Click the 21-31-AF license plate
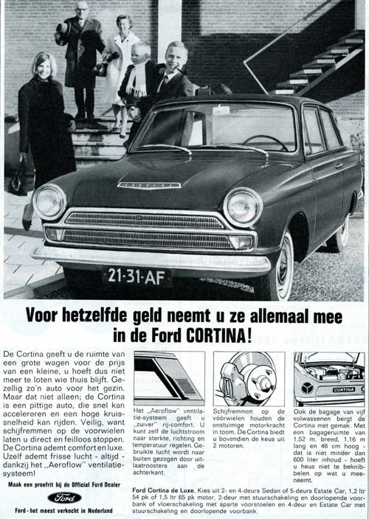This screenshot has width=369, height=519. [137, 277]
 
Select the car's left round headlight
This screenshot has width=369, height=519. [49, 201]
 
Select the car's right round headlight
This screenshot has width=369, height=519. [243, 207]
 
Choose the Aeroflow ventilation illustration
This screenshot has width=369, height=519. [169, 377]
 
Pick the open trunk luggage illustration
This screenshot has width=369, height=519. [328, 378]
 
